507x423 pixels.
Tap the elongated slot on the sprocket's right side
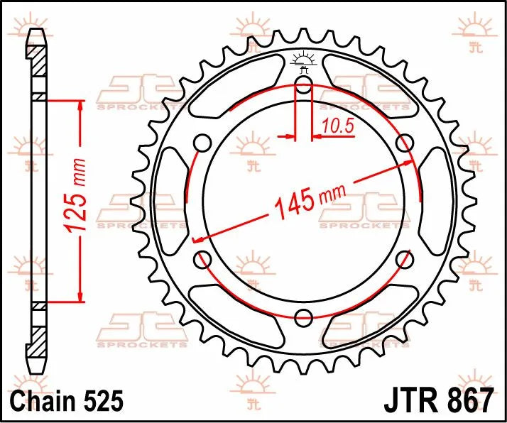coord(435,202)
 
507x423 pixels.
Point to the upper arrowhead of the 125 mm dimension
coord(80,106)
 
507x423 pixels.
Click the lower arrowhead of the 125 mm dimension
coord(80,295)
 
